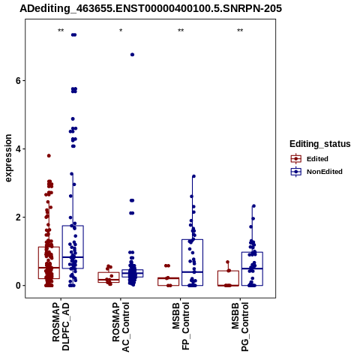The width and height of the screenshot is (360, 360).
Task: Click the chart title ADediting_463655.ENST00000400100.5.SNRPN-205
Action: click(151, 9)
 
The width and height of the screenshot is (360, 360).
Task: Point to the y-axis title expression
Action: click(8, 158)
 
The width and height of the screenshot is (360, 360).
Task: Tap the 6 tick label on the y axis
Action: click(18, 81)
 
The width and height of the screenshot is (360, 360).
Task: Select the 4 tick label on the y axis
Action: click(18, 149)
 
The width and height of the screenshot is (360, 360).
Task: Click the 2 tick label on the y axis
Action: click(18, 217)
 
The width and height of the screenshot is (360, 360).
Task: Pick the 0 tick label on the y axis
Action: click(18, 286)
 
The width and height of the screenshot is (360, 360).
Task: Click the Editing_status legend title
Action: click(320, 144)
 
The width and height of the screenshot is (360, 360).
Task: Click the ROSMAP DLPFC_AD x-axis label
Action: click(61, 327)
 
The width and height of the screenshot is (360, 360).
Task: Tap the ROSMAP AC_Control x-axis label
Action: click(121, 327)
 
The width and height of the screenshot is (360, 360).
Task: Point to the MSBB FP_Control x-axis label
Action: click(181, 326)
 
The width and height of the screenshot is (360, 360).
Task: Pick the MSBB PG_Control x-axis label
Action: click(240, 327)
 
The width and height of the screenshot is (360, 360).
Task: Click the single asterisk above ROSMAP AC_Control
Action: click(121, 31)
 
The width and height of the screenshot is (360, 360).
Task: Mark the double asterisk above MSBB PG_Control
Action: click(240, 31)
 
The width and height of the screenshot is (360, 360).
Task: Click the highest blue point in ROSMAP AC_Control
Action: click(132, 55)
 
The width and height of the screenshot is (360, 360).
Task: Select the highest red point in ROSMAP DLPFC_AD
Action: click(49, 156)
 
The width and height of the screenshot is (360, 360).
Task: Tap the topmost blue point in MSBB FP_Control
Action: click(193, 176)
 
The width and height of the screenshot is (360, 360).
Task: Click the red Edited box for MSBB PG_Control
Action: click(228, 278)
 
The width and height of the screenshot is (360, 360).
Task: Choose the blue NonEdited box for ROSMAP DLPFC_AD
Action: click(73, 247)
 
